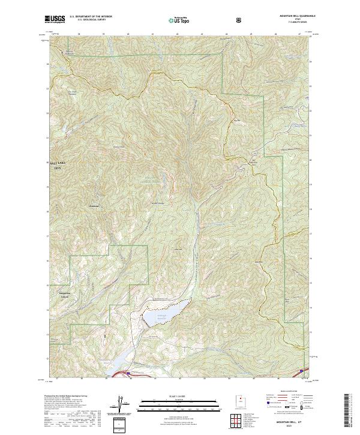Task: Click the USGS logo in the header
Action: tap(56, 20)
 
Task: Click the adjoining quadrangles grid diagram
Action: tap(235, 418)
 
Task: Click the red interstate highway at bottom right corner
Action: tap(304, 371)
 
